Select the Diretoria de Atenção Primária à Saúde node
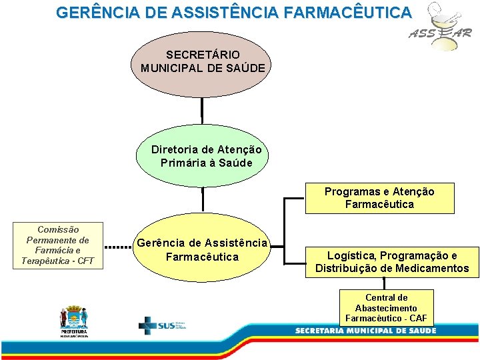(x=206, y=156)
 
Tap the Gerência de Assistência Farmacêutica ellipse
(x=201, y=249)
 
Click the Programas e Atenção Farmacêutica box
(x=379, y=198)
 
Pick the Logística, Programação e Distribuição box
(x=392, y=262)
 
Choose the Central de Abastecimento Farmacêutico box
(x=387, y=308)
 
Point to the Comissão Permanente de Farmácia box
(x=58, y=245)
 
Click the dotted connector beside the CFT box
(x=119, y=247)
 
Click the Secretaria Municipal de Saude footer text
(x=365, y=331)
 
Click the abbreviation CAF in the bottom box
(x=418, y=319)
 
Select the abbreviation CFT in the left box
(x=85, y=261)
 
